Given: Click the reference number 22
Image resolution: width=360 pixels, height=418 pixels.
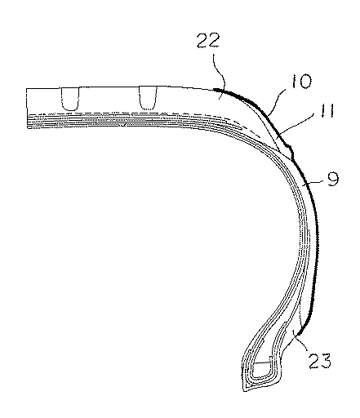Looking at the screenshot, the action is [x=208, y=41].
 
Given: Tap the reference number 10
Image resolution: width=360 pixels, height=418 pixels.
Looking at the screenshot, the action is [x=301, y=81].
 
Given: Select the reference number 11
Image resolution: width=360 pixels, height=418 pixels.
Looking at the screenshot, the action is [x=327, y=110].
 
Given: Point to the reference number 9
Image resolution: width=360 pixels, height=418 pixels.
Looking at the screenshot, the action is [x=333, y=179].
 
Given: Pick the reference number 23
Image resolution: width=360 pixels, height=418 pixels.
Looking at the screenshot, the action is [x=320, y=361].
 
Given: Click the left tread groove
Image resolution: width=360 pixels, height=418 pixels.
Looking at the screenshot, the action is [x=70, y=99].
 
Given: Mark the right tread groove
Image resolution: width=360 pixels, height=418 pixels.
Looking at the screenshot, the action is [x=148, y=98].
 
